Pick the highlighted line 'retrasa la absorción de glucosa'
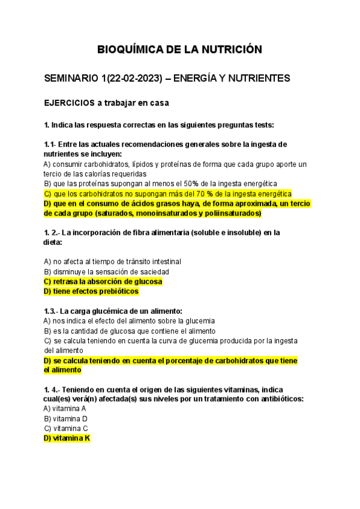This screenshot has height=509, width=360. point(103,281)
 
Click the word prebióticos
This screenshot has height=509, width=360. point(116,291)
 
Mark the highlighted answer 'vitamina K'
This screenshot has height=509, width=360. point(67,438)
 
